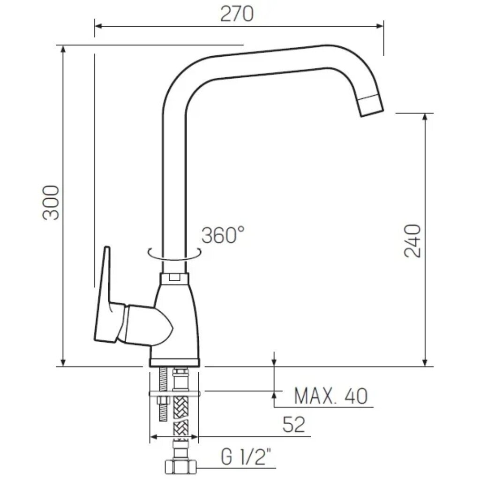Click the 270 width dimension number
click(x=237, y=14)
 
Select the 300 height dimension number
click(x=51, y=202)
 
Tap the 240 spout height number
click(x=412, y=240)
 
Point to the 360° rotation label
click(x=223, y=235)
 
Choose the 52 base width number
click(x=294, y=424)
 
